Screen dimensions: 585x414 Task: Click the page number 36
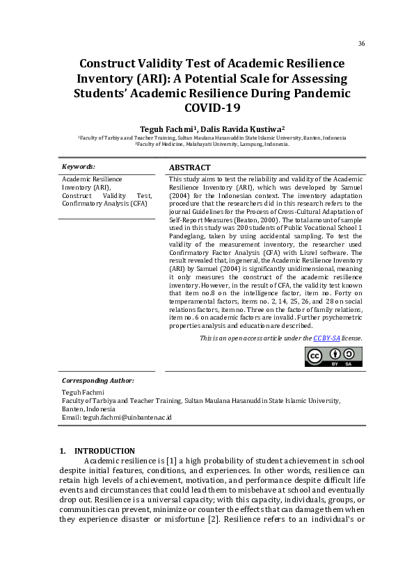(361, 44)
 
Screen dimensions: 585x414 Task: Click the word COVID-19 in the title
(212, 108)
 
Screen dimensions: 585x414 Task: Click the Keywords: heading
(79, 167)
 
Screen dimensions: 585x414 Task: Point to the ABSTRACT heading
(190, 167)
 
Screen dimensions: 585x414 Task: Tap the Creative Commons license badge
(333, 356)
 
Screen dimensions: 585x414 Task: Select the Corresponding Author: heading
(98, 381)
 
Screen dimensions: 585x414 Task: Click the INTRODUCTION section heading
(104, 451)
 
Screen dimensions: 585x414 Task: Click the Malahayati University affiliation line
(212, 145)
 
